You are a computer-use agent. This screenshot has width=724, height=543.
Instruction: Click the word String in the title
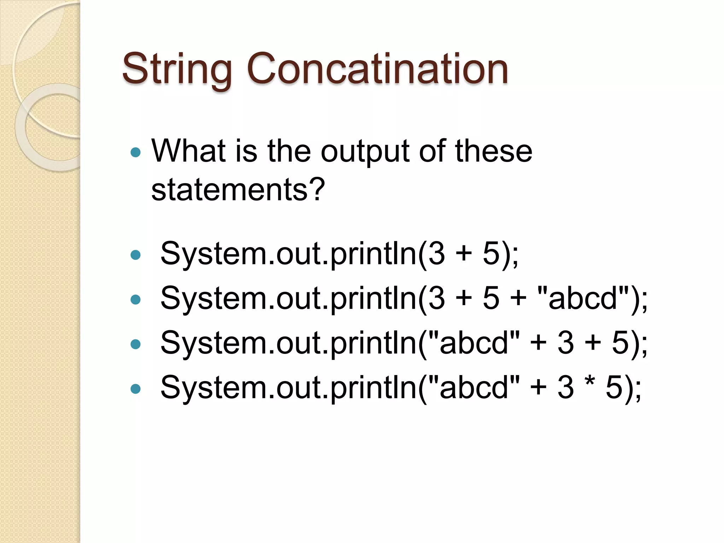(177, 69)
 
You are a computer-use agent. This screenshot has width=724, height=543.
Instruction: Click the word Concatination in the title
(377, 69)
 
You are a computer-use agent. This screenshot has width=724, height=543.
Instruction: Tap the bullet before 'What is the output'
(135, 153)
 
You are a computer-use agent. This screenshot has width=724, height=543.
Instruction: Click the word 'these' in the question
(494, 151)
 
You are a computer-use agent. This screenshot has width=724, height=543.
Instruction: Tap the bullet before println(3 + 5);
(135, 255)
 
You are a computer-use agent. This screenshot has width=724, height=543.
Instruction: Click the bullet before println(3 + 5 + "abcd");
(135, 299)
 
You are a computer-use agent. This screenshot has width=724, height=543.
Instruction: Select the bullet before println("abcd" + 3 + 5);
(135, 344)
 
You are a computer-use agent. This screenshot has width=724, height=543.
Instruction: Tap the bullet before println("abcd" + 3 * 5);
(135, 389)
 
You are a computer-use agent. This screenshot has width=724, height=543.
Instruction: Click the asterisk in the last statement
(590, 383)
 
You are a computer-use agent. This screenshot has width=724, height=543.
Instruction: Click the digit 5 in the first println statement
(491, 254)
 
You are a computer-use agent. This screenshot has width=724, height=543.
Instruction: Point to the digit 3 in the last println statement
(566, 388)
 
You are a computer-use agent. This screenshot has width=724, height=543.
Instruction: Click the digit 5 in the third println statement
(620, 343)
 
